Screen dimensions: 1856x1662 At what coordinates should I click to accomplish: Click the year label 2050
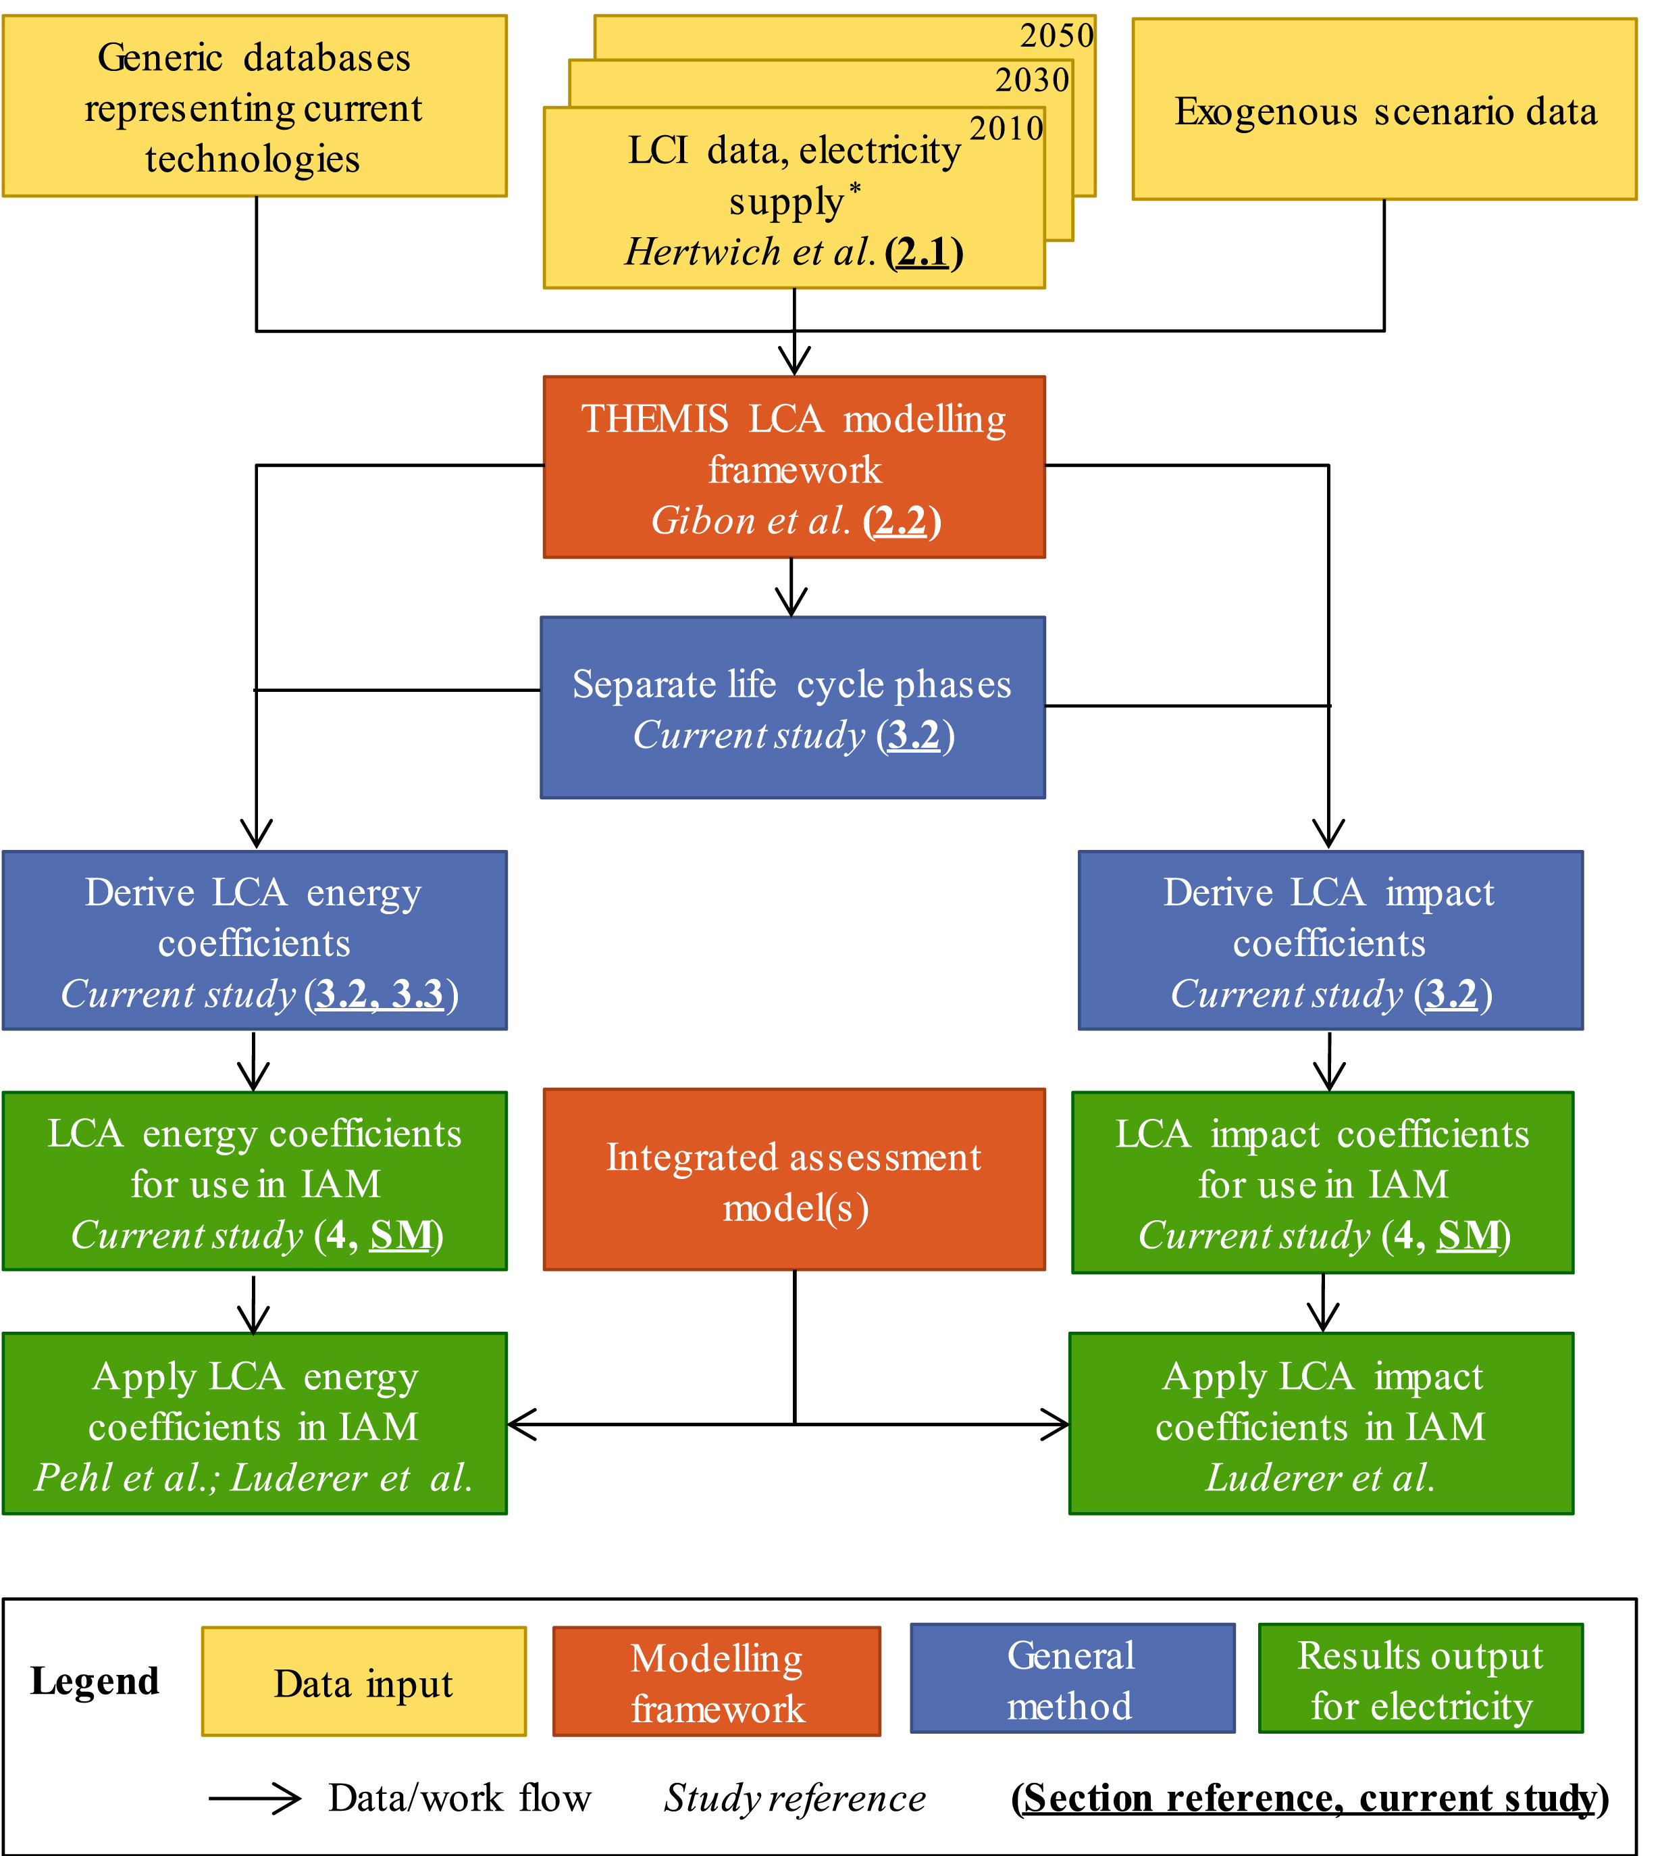1056,36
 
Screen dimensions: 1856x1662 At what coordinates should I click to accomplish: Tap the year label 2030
1032,80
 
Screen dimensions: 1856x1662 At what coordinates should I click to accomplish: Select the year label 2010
1006,128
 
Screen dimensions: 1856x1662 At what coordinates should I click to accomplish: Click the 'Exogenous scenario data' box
1384,109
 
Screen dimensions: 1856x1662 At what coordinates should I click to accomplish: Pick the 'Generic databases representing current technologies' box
255,106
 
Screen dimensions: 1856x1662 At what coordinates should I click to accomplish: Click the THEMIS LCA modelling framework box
794,467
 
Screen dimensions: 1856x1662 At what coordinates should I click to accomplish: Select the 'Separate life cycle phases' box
793,708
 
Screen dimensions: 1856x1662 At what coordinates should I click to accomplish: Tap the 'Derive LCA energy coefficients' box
255,940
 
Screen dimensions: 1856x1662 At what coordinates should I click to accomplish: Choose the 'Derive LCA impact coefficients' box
1330,940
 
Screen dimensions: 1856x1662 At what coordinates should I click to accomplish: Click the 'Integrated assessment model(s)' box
794,1179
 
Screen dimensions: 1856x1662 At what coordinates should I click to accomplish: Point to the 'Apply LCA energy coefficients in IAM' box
255,1424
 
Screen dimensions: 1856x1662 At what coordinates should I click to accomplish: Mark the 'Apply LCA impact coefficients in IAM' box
1322,1424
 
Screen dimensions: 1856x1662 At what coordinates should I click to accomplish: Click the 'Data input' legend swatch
363,1682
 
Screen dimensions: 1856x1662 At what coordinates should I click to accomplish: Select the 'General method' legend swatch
1072,1679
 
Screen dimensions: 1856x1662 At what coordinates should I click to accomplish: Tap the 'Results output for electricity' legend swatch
1420,1679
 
